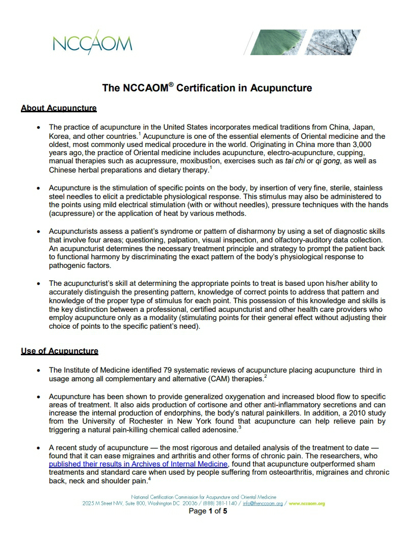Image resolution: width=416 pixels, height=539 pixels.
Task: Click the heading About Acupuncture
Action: (x=59, y=108)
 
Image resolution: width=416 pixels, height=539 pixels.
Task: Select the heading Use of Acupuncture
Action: (x=60, y=351)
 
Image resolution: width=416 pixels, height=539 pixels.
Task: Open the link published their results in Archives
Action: (x=138, y=464)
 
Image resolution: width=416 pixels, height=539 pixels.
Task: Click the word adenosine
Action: (x=218, y=430)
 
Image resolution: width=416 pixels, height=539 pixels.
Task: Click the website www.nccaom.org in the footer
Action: (x=307, y=503)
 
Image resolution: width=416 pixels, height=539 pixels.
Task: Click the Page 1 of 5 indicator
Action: (x=208, y=511)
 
